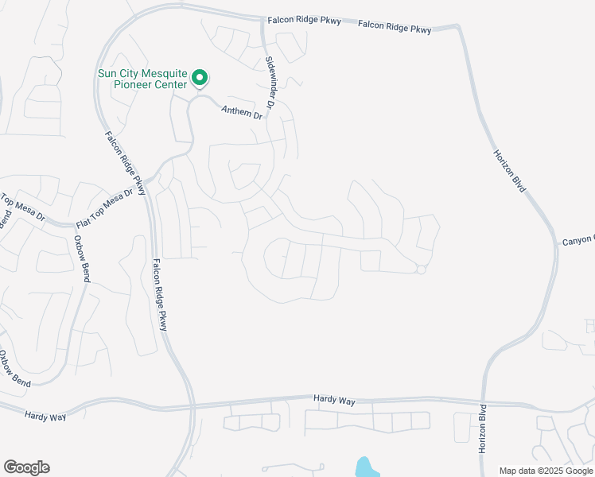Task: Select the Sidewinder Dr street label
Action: (x=271, y=82)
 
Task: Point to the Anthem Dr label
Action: (x=241, y=114)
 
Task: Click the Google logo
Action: (x=26, y=467)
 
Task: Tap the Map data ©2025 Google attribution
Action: (x=546, y=471)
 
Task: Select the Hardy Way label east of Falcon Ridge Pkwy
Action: (x=334, y=401)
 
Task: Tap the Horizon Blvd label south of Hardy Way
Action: (x=482, y=430)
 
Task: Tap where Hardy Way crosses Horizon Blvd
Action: (x=483, y=403)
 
